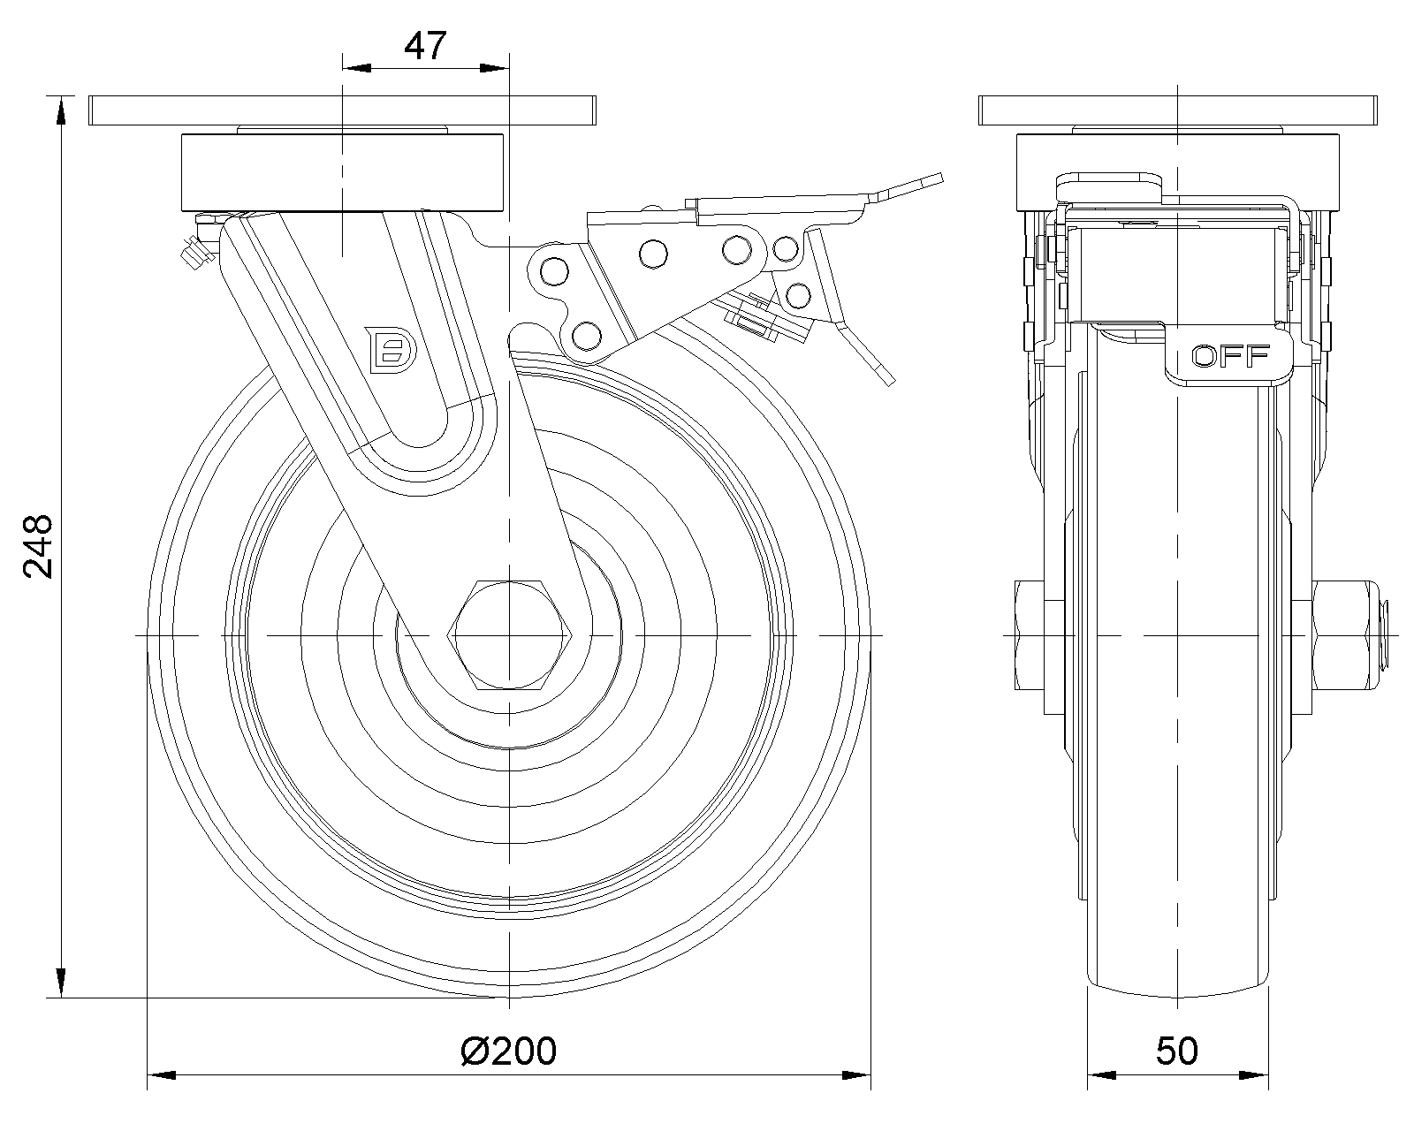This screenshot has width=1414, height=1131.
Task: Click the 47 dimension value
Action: point(425,46)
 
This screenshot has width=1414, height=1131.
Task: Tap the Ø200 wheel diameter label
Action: point(509,1051)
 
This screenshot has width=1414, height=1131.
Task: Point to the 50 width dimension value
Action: point(1177,1051)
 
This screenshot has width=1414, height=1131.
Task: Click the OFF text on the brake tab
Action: point(1230,356)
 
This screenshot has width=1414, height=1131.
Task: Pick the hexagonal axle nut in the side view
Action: point(512,634)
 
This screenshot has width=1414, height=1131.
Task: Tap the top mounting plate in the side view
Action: point(342,110)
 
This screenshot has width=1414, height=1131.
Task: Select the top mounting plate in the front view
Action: point(1178,110)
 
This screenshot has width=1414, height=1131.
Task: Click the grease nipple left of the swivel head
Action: point(195,253)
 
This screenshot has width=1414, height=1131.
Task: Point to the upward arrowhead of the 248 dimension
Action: point(60,110)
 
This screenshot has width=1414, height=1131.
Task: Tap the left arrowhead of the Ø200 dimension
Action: point(159,1075)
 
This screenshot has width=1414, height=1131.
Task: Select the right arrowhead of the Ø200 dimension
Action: point(857,1075)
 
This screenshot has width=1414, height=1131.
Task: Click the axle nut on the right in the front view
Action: point(1343,634)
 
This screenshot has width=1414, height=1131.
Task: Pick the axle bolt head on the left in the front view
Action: point(1029,634)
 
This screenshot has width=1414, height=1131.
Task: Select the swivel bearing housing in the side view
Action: point(342,172)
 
